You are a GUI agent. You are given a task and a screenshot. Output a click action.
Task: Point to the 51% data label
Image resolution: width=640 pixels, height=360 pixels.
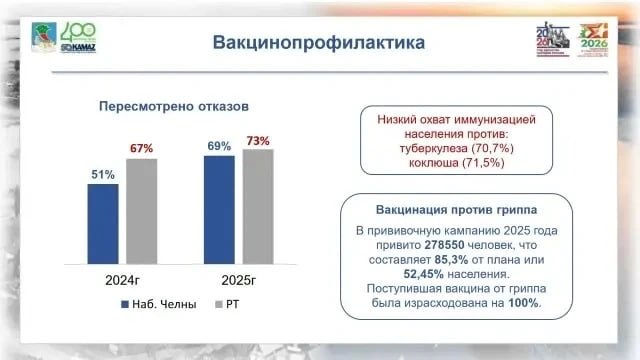103,174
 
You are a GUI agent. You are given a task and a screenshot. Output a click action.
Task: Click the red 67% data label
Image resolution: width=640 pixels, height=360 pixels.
141,148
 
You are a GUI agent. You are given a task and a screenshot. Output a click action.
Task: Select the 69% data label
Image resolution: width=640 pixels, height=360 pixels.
219,146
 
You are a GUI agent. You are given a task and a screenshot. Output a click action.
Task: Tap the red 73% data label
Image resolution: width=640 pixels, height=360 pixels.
258,141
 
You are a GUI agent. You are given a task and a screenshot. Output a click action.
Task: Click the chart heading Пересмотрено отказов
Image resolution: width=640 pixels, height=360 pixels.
171,105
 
